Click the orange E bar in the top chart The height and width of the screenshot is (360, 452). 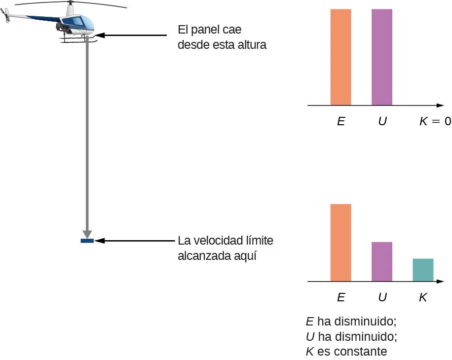point(340,57)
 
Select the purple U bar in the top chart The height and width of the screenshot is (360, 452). point(382,57)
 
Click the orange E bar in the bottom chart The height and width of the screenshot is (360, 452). point(340,242)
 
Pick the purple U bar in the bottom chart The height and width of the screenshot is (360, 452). point(382,261)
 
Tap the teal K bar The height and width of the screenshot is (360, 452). point(423,270)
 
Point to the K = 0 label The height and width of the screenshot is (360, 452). point(435,121)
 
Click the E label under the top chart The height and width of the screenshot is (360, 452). point(340,121)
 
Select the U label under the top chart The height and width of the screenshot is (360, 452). point(382,121)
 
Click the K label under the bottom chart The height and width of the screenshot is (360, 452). point(423,297)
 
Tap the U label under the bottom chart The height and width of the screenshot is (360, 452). point(382,297)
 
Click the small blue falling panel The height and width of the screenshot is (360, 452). point(87,241)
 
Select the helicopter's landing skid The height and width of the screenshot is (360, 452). point(79,40)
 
